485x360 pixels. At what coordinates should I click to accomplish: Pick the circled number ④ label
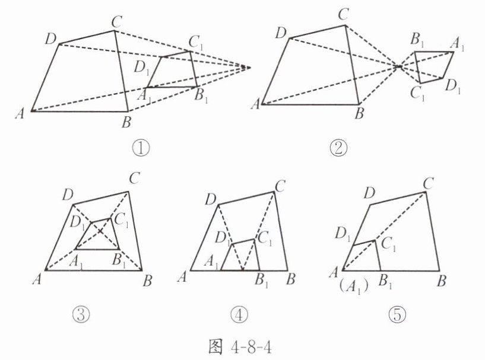[x=242, y=314]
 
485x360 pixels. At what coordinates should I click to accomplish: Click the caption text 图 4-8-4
[x=243, y=346]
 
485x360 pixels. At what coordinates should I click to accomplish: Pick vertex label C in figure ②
[x=343, y=14]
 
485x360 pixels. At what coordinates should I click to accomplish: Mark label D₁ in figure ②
[x=454, y=87]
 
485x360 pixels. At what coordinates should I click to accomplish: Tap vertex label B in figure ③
[x=146, y=279]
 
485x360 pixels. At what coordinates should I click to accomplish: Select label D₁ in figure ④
[x=223, y=239]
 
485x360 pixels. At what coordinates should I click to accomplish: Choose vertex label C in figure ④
[x=281, y=185]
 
